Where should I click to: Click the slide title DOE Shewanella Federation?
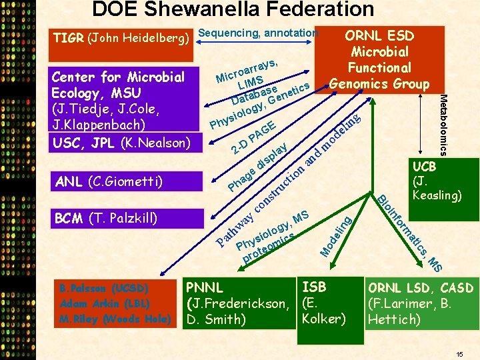[x=233, y=9]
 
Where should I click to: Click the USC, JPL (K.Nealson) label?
[x=121, y=142]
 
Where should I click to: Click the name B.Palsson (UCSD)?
[x=104, y=289]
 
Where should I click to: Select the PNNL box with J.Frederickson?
[x=238, y=303]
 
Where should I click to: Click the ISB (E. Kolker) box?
[x=324, y=303]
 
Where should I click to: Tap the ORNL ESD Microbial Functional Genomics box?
[x=379, y=59]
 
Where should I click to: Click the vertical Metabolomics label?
[x=446, y=123]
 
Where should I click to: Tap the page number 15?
[x=459, y=353]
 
